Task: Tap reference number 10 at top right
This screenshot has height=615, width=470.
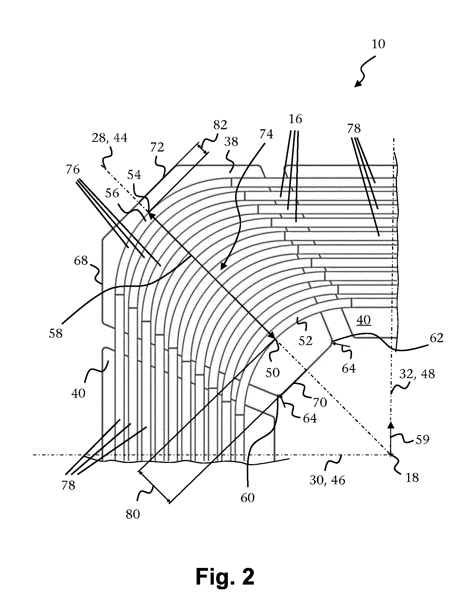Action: (378, 44)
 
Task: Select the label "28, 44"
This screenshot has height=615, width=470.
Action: (110, 137)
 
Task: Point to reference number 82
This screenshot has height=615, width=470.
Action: (220, 125)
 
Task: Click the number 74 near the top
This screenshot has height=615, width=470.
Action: (266, 134)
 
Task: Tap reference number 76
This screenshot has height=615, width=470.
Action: (73, 169)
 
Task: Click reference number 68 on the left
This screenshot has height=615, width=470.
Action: (81, 261)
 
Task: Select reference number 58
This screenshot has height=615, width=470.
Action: (56, 333)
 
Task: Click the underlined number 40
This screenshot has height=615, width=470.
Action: (364, 320)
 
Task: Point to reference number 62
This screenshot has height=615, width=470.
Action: (437, 338)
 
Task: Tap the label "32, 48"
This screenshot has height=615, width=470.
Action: (417, 374)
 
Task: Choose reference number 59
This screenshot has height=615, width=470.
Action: (422, 439)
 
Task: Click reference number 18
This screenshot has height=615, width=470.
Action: (412, 478)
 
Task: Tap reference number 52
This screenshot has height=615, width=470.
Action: (306, 341)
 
